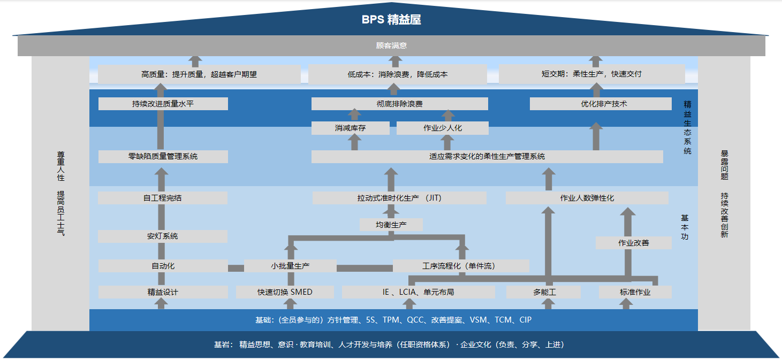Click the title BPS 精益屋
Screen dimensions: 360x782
point(391,20)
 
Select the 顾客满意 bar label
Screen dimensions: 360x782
point(391,46)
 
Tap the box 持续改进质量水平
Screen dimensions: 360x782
point(163,104)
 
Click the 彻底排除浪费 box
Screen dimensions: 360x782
point(399,104)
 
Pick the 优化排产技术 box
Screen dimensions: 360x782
point(601,104)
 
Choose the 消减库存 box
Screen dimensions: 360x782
point(350,128)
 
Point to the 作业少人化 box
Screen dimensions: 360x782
point(442,128)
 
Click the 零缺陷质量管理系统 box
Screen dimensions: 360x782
point(163,157)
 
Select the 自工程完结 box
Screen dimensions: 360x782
point(163,198)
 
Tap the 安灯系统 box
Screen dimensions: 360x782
point(163,236)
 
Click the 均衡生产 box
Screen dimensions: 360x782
point(391,225)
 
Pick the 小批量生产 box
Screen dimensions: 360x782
point(290,266)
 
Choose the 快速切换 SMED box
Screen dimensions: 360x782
point(285,292)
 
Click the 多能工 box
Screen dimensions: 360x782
point(544,292)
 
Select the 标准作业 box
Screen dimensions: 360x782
point(635,292)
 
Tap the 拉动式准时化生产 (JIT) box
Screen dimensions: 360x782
point(399,198)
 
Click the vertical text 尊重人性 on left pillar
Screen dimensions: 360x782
point(61,166)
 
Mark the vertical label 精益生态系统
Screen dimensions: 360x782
point(687,127)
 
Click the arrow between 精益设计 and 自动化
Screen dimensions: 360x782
point(161,279)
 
